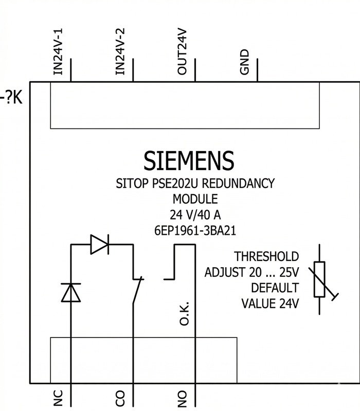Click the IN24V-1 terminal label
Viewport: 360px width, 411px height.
(x=58, y=52)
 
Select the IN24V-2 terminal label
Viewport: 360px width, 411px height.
(x=120, y=52)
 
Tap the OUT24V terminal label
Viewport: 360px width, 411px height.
(x=182, y=52)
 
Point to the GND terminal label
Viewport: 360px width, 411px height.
(x=244, y=62)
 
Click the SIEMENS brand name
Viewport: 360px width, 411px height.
(x=189, y=160)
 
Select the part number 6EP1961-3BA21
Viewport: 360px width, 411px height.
(x=195, y=231)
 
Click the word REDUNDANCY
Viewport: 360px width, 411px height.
(x=238, y=183)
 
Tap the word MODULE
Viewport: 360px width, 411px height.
(x=195, y=199)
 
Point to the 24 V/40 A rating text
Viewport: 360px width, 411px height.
(x=195, y=215)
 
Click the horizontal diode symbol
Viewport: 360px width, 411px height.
(x=99, y=245)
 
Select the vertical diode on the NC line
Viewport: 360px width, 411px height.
(x=71, y=292)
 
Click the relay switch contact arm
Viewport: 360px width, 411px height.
(x=137, y=290)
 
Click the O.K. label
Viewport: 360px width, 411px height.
(x=184, y=313)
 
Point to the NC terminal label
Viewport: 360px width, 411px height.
(x=58, y=398)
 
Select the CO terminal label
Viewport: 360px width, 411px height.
(x=120, y=399)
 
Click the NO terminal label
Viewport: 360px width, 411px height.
(x=182, y=399)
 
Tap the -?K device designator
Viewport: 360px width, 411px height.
(x=11, y=98)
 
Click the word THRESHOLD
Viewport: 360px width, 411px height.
(x=266, y=256)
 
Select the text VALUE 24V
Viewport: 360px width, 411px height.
(x=270, y=304)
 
